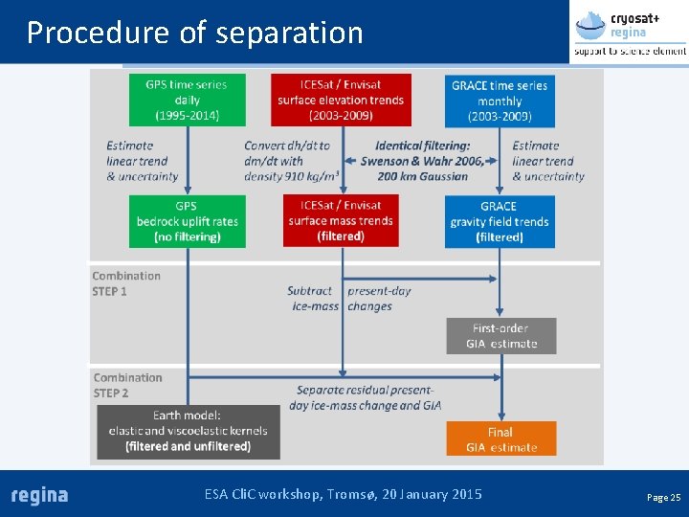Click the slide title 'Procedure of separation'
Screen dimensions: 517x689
[195, 33]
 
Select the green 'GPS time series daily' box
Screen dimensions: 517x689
[188, 100]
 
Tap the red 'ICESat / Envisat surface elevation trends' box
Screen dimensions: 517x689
[341, 100]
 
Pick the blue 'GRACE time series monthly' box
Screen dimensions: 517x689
[500, 101]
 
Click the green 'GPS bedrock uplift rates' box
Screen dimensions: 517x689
[188, 221]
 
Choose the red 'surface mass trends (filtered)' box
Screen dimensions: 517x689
[341, 221]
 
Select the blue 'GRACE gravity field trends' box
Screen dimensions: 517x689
[500, 221]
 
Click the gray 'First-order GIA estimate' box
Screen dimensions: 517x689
[500, 336]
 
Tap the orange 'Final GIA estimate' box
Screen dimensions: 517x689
[500, 439]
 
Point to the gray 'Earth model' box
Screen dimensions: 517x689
[188, 431]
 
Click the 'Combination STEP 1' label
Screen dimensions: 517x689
[125, 283]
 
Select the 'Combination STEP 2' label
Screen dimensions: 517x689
[127, 385]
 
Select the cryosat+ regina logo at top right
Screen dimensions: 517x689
[629, 33]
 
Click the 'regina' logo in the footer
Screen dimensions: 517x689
[39, 495]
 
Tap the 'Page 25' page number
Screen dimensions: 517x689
[663, 498]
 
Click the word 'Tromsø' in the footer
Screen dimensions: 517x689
[350, 494]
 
